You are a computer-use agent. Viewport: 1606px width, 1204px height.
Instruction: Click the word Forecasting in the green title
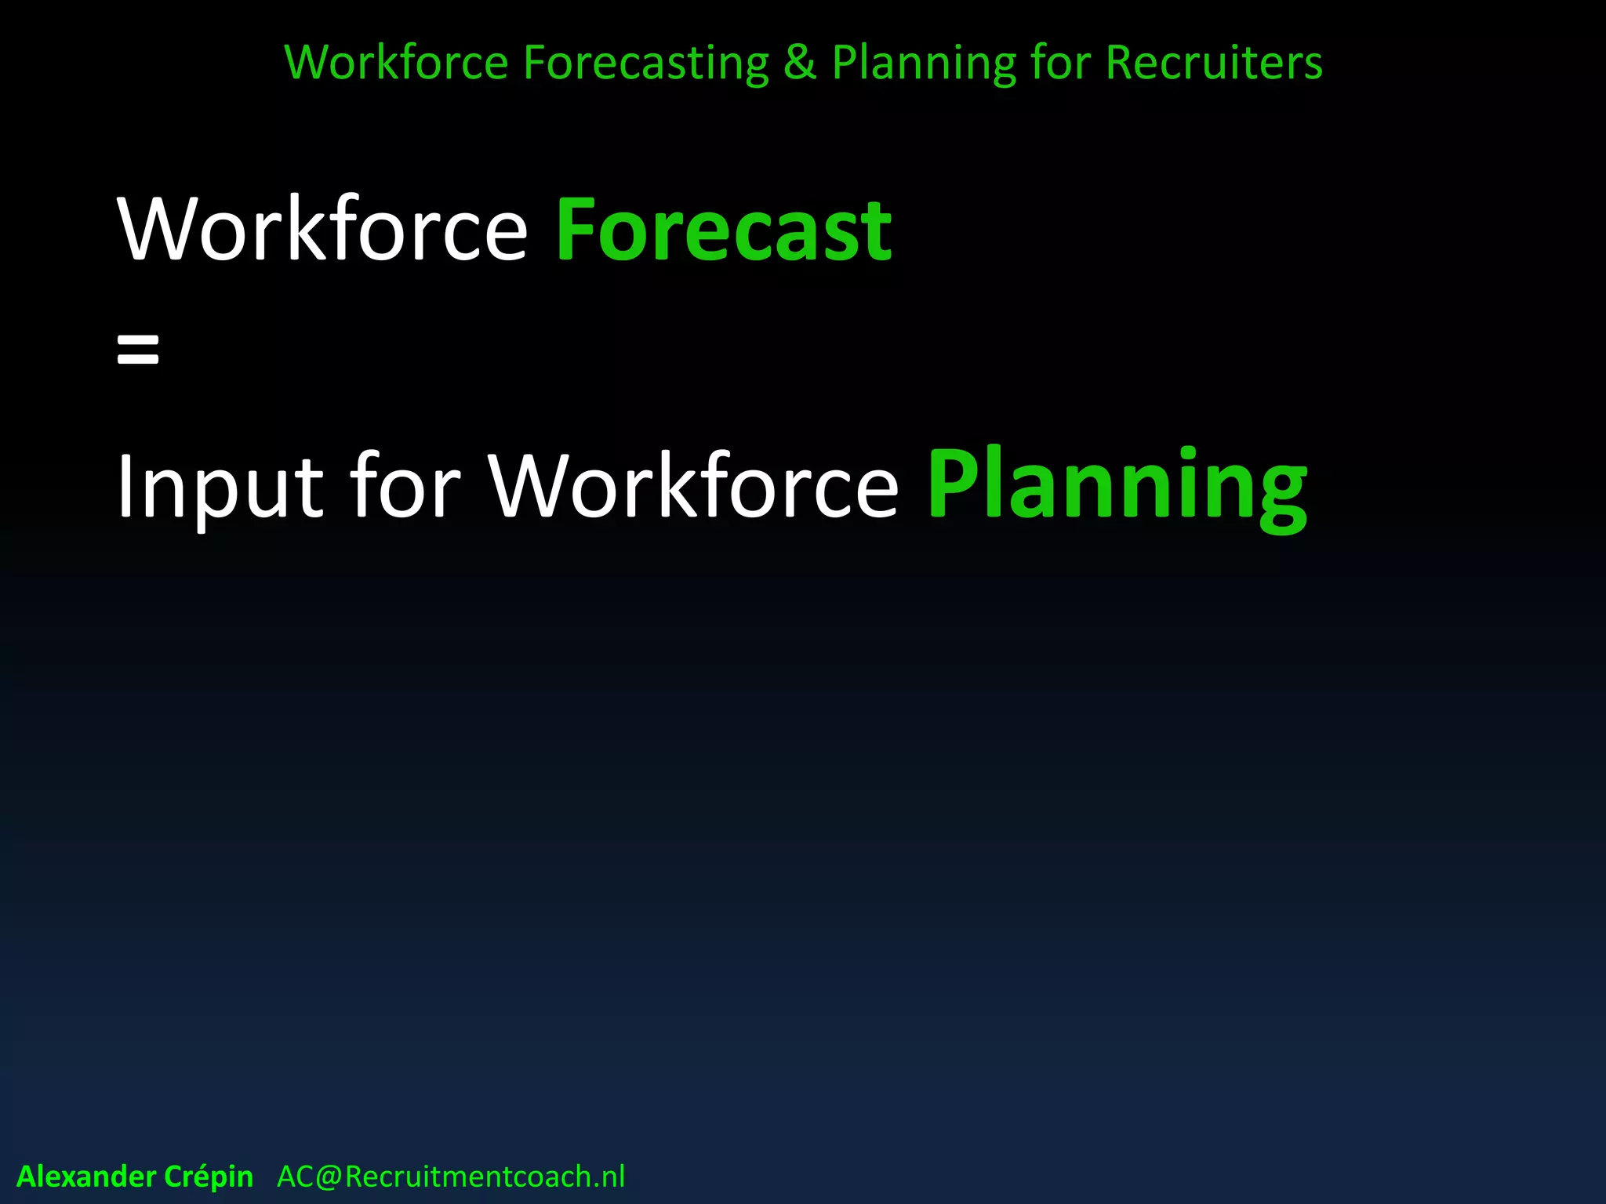point(645,63)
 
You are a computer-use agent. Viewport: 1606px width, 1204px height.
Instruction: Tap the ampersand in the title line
point(799,63)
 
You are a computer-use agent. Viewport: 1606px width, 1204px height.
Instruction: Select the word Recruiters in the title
point(1214,63)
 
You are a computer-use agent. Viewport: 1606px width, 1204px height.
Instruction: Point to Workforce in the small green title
point(396,63)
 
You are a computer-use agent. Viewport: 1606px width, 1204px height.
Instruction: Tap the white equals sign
point(138,349)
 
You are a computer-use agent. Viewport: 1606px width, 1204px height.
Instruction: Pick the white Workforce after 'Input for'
point(693,486)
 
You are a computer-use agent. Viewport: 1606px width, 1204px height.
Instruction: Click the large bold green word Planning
point(1117,486)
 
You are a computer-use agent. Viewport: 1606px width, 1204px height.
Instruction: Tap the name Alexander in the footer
point(86,1177)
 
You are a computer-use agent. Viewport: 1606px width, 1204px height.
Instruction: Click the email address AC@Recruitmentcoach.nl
point(451,1177)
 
